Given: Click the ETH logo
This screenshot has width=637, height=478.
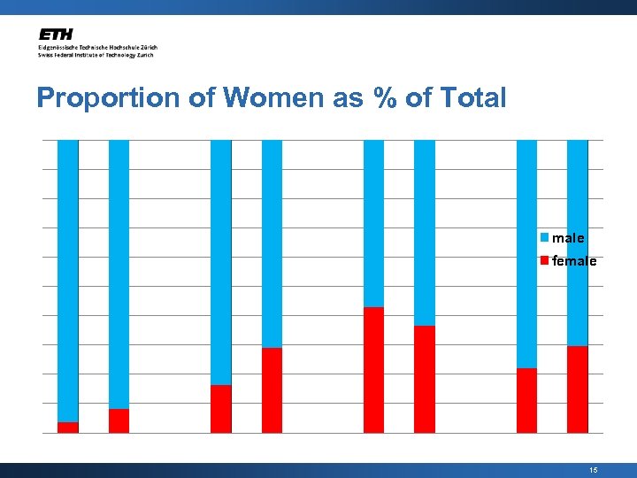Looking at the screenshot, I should (x=57, y=35).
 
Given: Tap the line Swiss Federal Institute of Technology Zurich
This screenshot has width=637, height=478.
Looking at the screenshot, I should (x=96, y=55).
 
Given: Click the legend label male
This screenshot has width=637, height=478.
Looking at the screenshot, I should (x=567, y=238).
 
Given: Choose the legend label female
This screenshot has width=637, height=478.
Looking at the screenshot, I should (x=573, y=261).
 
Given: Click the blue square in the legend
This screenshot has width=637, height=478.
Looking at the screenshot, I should (x=545, y=237).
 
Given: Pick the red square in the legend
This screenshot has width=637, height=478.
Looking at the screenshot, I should (x=545, y=260).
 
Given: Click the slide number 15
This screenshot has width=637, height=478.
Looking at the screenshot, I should (x=593, y=470).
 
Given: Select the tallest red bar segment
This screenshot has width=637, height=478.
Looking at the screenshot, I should (x=374, y=370).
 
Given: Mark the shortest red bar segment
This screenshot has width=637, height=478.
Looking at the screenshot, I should (x=67, y=428).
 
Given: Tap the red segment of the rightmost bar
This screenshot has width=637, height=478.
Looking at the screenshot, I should (x=578, y=389).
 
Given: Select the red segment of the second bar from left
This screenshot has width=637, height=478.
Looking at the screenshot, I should (x=119, y=421).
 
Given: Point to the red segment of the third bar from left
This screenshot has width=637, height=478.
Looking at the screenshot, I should (x=221, y=409).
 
